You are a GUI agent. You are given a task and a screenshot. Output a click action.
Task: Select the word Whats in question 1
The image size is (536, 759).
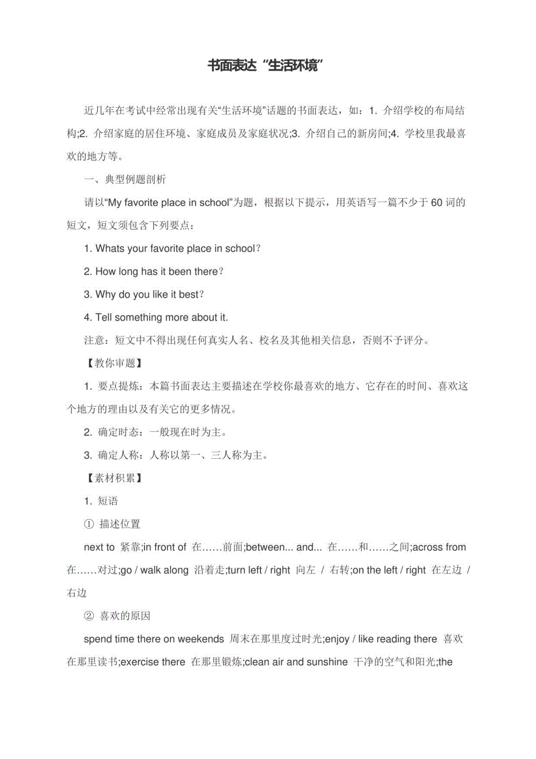click(x=109, y=249)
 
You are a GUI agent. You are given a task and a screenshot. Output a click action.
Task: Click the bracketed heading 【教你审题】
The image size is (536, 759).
click(x=111, y=363)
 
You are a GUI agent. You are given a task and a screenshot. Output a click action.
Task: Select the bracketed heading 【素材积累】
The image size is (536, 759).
click(x=111, y=478)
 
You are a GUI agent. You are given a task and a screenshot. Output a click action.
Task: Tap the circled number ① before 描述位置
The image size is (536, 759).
click(x=89, y=524)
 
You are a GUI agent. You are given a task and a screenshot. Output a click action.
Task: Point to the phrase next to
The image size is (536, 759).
click(x=100, y=547)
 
